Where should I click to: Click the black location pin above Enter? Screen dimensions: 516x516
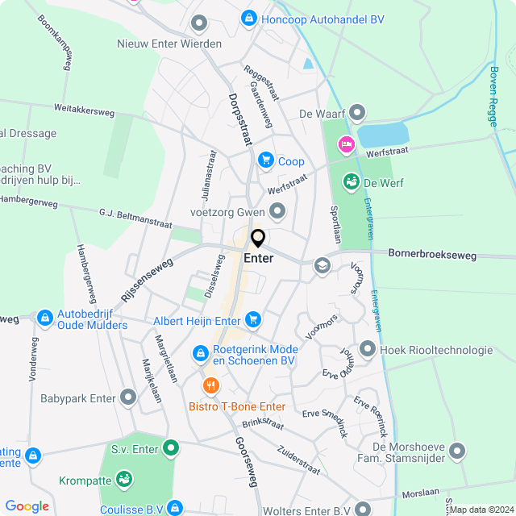coord(258,239)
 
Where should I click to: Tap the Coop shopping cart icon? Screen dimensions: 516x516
coord(265,161)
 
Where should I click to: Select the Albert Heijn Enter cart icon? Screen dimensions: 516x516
coord(254,320)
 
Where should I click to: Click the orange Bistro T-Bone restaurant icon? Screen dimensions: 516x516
coord(211,385)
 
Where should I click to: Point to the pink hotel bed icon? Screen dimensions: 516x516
coord(346,144)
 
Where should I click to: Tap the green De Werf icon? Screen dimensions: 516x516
coord(351,182)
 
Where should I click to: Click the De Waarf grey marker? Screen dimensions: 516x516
coord(357,114)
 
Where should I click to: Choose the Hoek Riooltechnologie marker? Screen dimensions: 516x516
coord(368,349)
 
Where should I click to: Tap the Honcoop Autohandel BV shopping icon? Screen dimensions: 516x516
coord(249,17)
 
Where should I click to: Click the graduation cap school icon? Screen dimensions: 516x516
coord(322,265)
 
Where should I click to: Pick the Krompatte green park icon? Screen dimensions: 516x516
coord(125,481)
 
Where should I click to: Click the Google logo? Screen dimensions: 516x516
coord(27,506)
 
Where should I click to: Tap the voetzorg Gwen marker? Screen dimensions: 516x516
coord(278,212)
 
